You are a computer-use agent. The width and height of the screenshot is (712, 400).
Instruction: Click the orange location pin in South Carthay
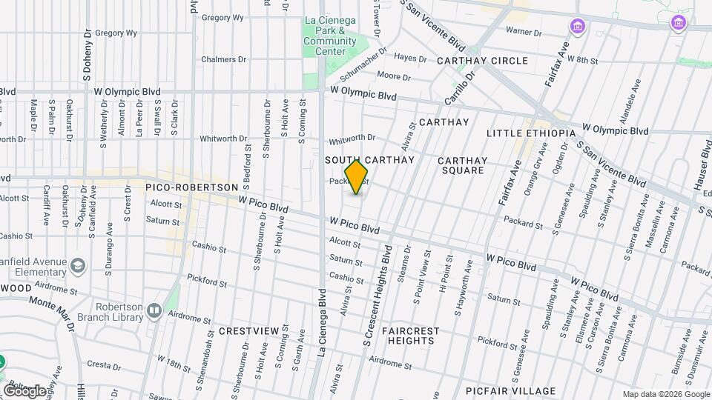(357, 177)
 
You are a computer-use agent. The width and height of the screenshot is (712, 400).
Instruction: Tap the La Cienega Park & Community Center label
(329, 36)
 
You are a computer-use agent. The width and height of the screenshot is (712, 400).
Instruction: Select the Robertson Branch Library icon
(154, 311)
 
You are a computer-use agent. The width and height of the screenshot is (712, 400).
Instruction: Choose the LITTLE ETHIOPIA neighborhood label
(531, 133)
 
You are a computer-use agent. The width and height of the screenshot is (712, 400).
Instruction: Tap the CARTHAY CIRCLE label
(482, 61)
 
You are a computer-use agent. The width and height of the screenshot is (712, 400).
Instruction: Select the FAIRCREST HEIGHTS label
(410, 336)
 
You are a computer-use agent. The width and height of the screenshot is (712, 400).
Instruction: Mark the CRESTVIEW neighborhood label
(248, 330)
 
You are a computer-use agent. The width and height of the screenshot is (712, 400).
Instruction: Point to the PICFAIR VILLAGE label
(510, 391)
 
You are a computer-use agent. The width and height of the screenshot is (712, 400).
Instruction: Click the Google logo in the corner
(24, 390)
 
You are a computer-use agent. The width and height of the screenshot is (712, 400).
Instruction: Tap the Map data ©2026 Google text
(665, 394)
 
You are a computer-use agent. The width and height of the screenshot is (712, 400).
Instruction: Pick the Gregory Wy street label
(116, 33)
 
